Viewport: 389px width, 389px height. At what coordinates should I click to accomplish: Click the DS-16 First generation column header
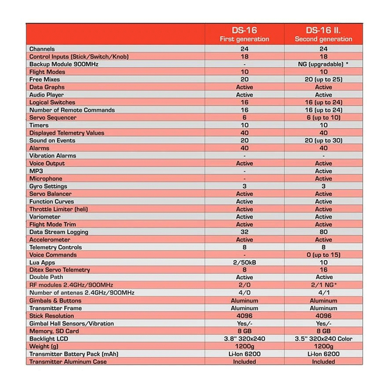(244, 34)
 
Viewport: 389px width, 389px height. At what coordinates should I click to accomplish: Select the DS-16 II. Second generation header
(323, 34)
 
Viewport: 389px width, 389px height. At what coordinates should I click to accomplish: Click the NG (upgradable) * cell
(323, 64)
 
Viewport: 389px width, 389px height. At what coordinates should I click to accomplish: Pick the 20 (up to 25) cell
(323, 79)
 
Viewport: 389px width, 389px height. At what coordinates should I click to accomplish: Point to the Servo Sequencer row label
(53, 117)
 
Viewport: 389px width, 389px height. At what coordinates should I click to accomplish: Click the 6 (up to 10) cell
(323, 117)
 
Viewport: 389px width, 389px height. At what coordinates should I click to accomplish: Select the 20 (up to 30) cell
(323, 140)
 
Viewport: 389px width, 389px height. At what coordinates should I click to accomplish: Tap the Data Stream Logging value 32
(244, 232)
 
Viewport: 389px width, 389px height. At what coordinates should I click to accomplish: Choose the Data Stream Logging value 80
(323, 232)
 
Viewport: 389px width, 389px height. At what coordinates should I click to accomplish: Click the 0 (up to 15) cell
(323, 255)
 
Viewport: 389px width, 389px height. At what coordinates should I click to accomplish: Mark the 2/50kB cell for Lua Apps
(244, 263)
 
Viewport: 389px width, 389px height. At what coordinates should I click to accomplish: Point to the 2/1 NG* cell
(323, 285)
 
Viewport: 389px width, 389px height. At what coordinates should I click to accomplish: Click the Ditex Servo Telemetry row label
(60, 270)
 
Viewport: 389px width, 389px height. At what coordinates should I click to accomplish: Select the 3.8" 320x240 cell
(244, 339)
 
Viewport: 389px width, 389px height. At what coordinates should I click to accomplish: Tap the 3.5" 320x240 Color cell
(323, 339)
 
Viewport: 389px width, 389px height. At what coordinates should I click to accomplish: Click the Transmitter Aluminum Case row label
(68, 362)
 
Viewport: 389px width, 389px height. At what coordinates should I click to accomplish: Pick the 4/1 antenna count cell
(323, 293)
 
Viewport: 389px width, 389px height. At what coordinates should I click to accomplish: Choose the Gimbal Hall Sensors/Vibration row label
(72, 324)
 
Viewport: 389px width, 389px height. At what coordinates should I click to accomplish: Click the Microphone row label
(46, 179)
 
